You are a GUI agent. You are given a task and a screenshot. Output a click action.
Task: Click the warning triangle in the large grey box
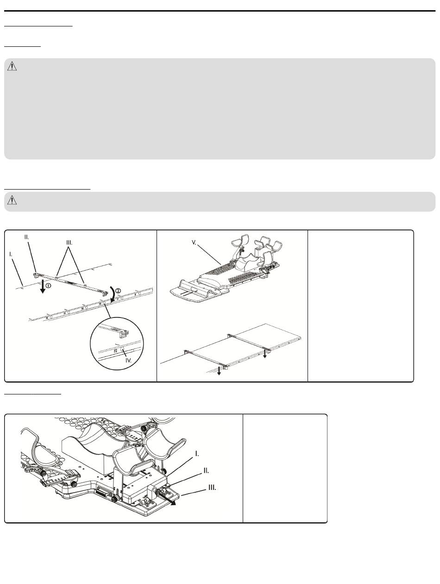point(12,66)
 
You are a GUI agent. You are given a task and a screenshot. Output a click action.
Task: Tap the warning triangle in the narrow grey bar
point(12,200)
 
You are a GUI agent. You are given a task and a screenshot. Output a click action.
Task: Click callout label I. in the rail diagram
point(11,254)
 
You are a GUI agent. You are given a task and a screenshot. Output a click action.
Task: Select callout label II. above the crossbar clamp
point(26,237)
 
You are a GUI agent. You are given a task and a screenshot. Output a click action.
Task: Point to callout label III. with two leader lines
point(69,243)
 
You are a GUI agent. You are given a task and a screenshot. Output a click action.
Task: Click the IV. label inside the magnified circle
point(128,361)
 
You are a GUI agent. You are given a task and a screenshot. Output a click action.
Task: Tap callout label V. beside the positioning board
point(194,242)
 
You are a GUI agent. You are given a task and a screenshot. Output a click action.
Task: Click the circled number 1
point(48,286)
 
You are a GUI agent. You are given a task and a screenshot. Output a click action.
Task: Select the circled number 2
point(118,291)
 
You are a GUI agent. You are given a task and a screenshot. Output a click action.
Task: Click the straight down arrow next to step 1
point(42,286)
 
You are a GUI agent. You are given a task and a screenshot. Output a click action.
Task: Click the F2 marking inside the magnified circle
point(116,351)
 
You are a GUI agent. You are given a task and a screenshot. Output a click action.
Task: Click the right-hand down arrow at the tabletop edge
point(264,353)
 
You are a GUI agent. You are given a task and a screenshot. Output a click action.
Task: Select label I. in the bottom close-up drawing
point(197,454)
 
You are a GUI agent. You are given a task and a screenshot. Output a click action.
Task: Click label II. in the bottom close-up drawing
point(206,470)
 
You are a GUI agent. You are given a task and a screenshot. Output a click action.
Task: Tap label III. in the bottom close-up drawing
point(212,488)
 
